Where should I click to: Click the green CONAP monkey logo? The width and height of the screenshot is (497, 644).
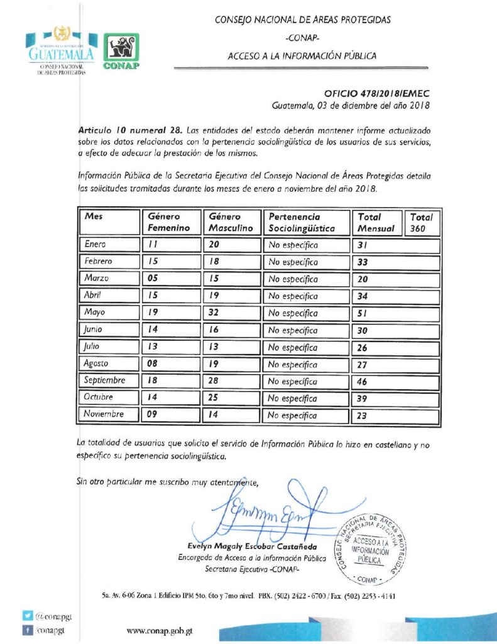click(121, 50)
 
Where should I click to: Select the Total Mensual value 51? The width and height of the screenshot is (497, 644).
click(362, 313)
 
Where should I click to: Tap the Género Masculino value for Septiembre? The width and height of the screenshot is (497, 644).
click(217, 380)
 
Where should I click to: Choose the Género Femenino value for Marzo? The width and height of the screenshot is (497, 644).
click(153, 278)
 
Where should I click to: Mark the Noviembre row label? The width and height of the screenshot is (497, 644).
click(104, 414)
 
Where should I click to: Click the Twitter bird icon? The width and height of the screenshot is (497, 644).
click(27, 618)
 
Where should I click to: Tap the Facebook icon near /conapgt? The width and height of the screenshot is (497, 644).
click(27, 630)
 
